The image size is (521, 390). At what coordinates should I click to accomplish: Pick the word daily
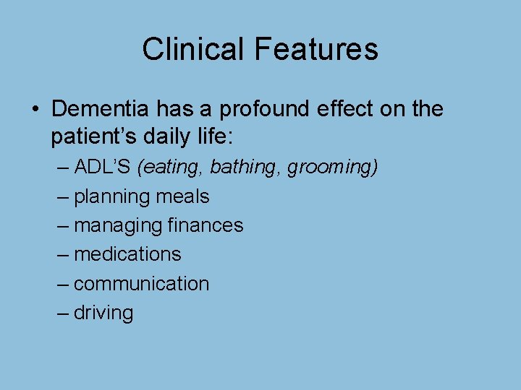[x=161, y=135]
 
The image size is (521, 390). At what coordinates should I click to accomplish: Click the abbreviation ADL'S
[x=102, y=167]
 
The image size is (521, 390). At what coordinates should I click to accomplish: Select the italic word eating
[x=171, y=168]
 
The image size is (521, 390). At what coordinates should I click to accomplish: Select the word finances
[x=206, y=225]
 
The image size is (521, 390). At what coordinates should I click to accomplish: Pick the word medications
[x=127, y=254]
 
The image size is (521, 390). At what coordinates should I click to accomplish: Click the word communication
[x=141, y=284]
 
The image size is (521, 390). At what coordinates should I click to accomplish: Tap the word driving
[x=103, y=313]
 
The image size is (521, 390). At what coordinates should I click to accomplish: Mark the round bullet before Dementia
[x=34, y=110]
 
